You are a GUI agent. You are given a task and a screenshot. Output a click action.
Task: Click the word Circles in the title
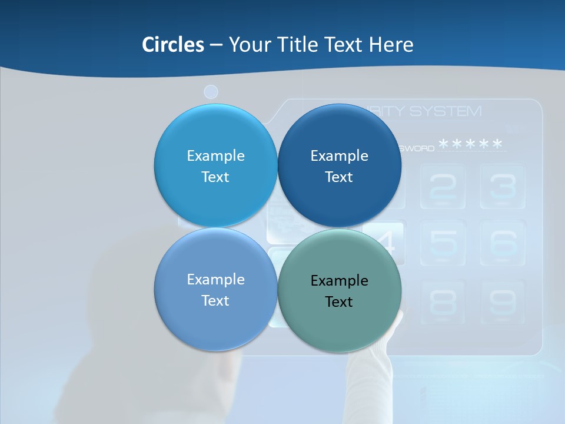tap(172, 45)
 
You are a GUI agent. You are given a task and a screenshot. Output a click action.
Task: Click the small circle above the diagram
tap(211, 92)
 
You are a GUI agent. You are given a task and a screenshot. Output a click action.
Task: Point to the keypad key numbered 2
tap(443, 187)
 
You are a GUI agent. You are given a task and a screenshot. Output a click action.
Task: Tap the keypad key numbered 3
tap(503, 187)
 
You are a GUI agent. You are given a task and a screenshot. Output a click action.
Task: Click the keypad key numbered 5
tap(443, 243)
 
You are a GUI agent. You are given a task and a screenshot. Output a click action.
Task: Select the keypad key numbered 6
tap(503, 243)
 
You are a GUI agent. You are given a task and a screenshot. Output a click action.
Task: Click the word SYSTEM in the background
tap(445, 111)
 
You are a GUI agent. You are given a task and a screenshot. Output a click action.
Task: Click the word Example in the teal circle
tap(339, 281)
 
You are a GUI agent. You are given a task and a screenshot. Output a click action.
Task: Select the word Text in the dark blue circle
tap(339, 177)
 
